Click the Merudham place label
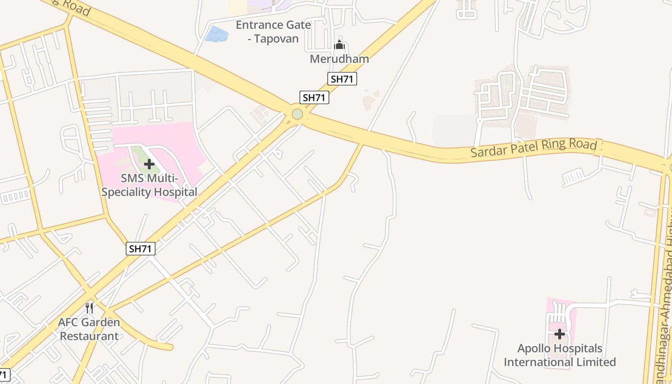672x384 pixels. click(339, 59)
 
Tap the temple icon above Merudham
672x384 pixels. click(339, 46)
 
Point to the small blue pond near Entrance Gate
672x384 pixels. click(216, 35)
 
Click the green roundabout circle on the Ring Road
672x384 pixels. click(298, 114)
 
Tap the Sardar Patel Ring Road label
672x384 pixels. click(533, 148)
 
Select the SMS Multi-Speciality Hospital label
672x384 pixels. click(149, 185)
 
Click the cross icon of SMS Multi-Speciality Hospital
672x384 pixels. click(149, 164)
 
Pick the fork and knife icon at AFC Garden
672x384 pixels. click(89, 308)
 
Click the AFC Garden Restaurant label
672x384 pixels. click(89, 329)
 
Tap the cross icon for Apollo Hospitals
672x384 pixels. click(560, 334)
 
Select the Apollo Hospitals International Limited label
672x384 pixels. click(560, 355)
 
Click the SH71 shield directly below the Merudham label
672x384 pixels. click(342, 79)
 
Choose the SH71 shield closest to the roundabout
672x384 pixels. click(314, 97)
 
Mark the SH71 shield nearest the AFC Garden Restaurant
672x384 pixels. click(141, 249)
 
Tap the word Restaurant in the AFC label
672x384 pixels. click(89, 336)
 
